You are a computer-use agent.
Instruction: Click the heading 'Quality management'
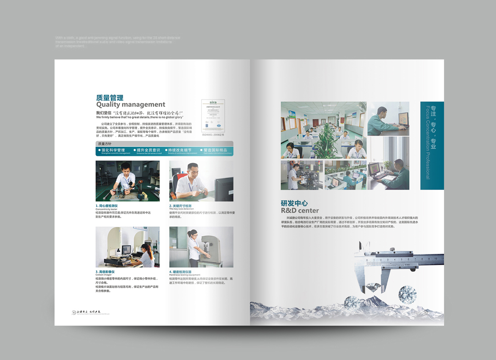tap(130, 105)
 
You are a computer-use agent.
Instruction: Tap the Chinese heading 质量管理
tap(110, 97)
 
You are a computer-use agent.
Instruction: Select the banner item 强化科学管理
tap(113, 150)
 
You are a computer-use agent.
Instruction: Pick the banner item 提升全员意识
tap(148, 150)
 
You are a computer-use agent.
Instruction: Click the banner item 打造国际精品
tap(215, 150)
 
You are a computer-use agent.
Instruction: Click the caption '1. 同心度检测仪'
tap(107, 205)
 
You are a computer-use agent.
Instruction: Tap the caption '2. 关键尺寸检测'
tap(181, 205)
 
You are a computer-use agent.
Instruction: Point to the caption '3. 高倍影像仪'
tap(105, 271)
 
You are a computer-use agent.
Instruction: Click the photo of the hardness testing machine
tap(201, 247)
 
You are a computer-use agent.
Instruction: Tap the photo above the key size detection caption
tap(201, 181)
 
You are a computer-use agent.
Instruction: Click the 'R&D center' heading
tap(300, 210)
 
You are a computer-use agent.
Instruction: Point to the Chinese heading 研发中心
tap(294, 203)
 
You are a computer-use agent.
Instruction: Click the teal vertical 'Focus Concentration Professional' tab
tap(432, 145)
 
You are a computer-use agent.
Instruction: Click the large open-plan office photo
tap(324, 130)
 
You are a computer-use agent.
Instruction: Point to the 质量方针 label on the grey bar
tap(105, 144)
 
